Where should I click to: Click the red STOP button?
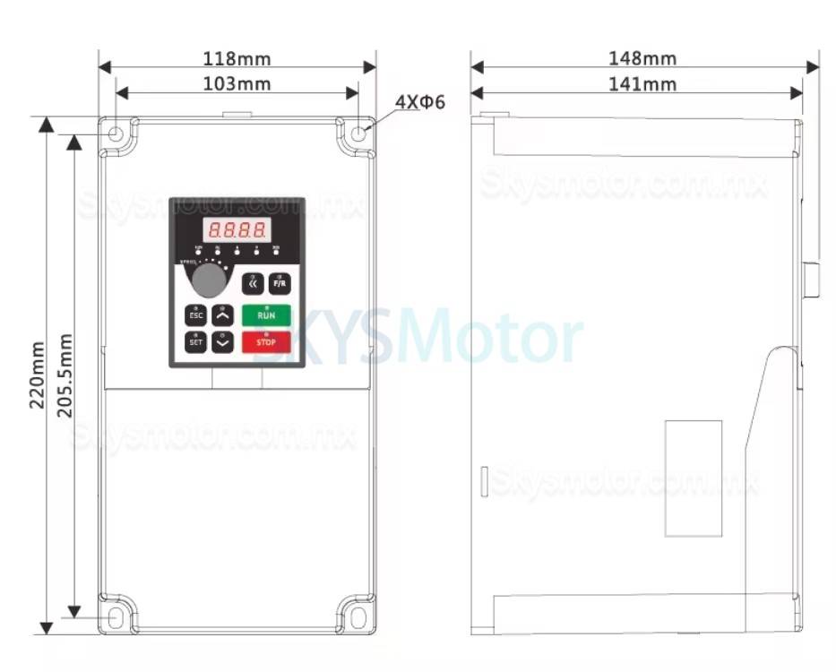point(266,341)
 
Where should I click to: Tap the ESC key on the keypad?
point(195,315)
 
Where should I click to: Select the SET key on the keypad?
point(195,341)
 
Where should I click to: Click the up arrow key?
point(223,315)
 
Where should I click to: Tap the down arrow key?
point(223,341)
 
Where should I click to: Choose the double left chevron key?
point(253,284)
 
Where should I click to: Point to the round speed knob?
point(209,280)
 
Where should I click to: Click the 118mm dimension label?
point(237,59)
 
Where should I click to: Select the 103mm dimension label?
point(237,84)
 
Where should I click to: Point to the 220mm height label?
point(38,375)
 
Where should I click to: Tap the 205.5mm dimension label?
point(65,376)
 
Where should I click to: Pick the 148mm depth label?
point(642,59)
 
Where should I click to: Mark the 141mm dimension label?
point(642,84)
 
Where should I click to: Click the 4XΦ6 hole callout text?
point(420,102)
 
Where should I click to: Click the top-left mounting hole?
point(116,134)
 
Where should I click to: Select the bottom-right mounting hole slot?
point(358,618)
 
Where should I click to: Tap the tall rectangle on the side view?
point(694,478)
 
